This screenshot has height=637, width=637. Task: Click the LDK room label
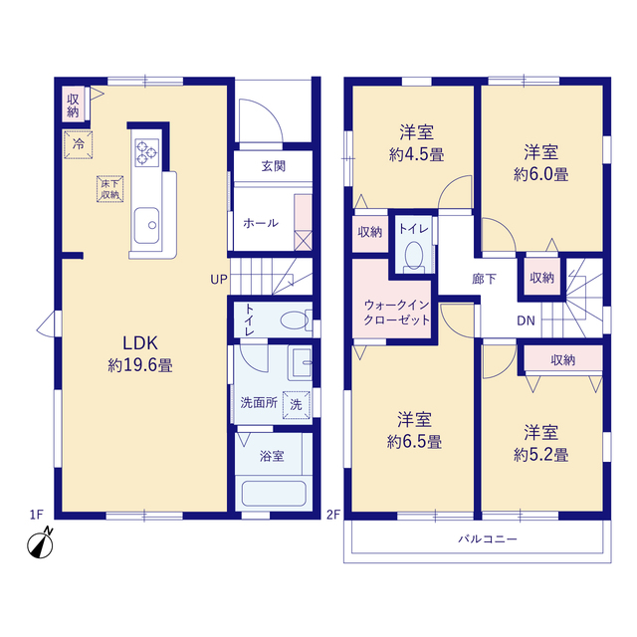pyautogui.click(x=140, y=343)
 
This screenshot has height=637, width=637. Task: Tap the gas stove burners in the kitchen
pyautogui.click(x=146, y=152)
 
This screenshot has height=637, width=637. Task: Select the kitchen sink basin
pyautogui.click(x=146, y=226)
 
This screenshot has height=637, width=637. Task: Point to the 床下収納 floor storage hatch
pyautogui.click(x=109, y=189)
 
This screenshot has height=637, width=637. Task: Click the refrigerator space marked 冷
pyautogui.click(x=79, y=143)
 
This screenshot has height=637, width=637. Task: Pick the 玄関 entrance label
pyautogui.click(x=274, y=166)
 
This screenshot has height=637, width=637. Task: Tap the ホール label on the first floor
pyautogui.click(x=261, y=223)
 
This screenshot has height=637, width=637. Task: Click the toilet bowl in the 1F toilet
pyautogui.click(x=294, y=319)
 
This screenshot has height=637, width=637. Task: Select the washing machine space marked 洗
pyautogui.click(x=297, y=405)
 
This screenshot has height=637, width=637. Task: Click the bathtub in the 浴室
pyautogui.click(x=274, y=494)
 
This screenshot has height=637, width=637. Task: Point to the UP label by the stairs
pyautogui.click(x=219, y=280)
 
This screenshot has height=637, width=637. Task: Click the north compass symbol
pyautogui.click(x=40, y=544)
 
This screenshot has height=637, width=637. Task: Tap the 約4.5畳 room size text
pyautogui.click(x=416, y=154)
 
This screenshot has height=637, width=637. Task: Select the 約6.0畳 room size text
pyautogui.click(x=541, y=174)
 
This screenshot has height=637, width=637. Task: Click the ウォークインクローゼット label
pyautogui.click(x=396, y=312)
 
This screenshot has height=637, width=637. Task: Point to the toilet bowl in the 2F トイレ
pyautogui.click(x=414, y=255)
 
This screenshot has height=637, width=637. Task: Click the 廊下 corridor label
pyautogui.click(x=484, y=279)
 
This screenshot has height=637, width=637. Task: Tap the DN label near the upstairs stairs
pyautogui.click(x=526, y=320)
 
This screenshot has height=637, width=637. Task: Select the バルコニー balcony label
pyautogui.click(x=488, y=539)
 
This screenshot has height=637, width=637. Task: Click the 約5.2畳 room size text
pyautogui.click(x=541, y=455)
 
